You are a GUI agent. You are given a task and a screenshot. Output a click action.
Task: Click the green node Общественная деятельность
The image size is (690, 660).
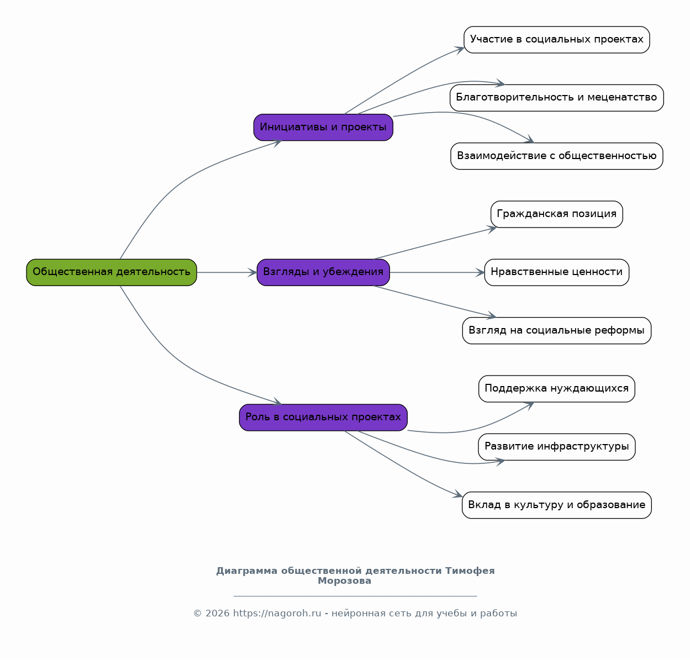tap(112, 272)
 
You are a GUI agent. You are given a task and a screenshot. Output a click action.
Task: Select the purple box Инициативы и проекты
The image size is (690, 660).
tap(323, 127)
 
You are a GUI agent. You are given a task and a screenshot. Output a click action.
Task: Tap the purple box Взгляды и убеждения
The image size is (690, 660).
tap(323, 272)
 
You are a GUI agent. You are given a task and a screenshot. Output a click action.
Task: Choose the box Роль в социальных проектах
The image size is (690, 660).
tap(323, 417)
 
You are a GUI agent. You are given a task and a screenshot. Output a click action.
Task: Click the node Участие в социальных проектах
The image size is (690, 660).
tap(556, 40)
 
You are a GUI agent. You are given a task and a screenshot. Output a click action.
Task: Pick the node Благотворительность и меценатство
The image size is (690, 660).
tap(556, 98)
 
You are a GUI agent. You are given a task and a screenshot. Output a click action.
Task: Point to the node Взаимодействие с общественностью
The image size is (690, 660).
tap(556, 156)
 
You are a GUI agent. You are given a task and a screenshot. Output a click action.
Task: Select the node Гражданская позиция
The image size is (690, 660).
tap(556, 214)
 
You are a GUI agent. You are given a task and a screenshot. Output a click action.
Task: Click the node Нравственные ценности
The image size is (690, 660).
tap(556, 272)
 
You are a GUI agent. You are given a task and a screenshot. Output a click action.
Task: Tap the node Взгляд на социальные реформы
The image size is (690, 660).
tap(556, 330)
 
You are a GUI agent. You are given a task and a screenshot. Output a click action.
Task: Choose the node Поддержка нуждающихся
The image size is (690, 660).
tap(556, 388)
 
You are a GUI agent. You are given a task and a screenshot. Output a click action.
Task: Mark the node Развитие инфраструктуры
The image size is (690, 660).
tap(556, 447)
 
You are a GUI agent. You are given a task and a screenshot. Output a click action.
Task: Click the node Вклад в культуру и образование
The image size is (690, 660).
tap(556, 505)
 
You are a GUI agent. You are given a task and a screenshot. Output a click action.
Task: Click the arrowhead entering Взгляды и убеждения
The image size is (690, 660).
tap(252, 272)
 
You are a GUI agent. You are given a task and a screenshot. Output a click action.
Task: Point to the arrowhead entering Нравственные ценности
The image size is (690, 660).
tap(480, 272)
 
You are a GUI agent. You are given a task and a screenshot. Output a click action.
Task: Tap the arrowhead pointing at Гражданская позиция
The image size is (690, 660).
tap(492, 229)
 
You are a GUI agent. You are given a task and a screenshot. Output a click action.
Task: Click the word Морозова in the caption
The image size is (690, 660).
tap(344, 580)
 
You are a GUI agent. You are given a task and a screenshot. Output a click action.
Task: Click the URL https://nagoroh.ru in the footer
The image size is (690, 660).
tap(277, 613)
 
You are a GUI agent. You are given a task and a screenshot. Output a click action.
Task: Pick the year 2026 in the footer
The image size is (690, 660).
tap(217, 613)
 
